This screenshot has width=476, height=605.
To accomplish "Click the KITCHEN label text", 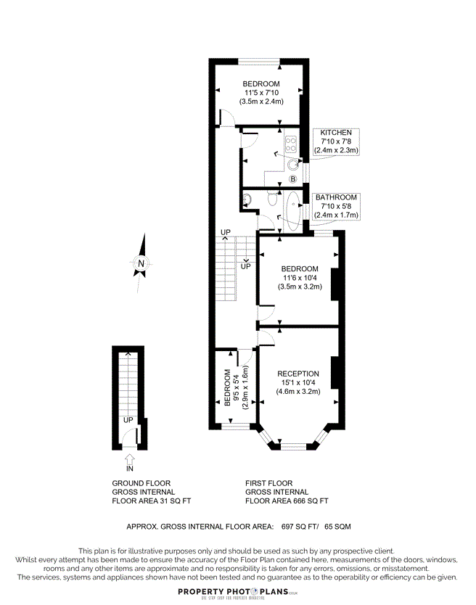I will click(336, 133).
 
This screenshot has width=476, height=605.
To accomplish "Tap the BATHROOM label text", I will click(336, 197).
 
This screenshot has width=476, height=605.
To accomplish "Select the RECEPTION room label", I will click(298, 374).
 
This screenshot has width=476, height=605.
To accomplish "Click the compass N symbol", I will click(142, 263).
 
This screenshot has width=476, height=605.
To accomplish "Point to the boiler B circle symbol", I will click(293, 179).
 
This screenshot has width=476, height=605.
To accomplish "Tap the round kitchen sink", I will click(292, 164).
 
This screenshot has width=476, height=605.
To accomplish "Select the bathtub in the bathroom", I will click(293, 210).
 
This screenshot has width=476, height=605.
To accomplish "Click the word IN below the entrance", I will click(130, 469).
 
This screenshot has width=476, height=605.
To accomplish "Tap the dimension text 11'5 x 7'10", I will click(261, 93).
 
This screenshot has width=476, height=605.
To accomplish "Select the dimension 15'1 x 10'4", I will click(298, 383).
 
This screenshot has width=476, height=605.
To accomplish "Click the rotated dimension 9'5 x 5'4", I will click(237, 390).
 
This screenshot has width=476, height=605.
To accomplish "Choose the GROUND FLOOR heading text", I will click(141, 483).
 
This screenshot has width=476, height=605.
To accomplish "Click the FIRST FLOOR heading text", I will click(269, 483).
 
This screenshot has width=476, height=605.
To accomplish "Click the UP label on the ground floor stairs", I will click(128, 420).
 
